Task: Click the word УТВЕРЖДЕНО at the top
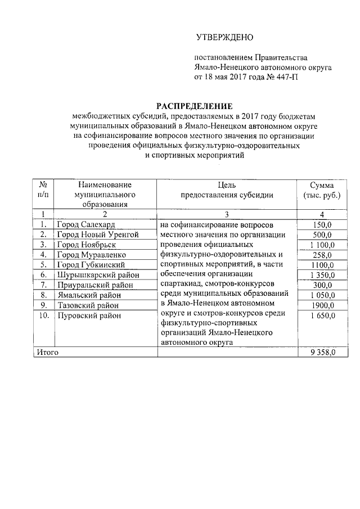coord(225,38)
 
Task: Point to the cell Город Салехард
coord(85,224)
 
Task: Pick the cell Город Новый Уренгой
coord(97,235)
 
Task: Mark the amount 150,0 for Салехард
coord(322,224)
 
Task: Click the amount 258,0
coord(322,255)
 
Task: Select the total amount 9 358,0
coord(322,352)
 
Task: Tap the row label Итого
coord(47,352)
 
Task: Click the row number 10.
coord(43,316)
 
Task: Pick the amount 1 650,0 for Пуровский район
coord(322,316)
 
